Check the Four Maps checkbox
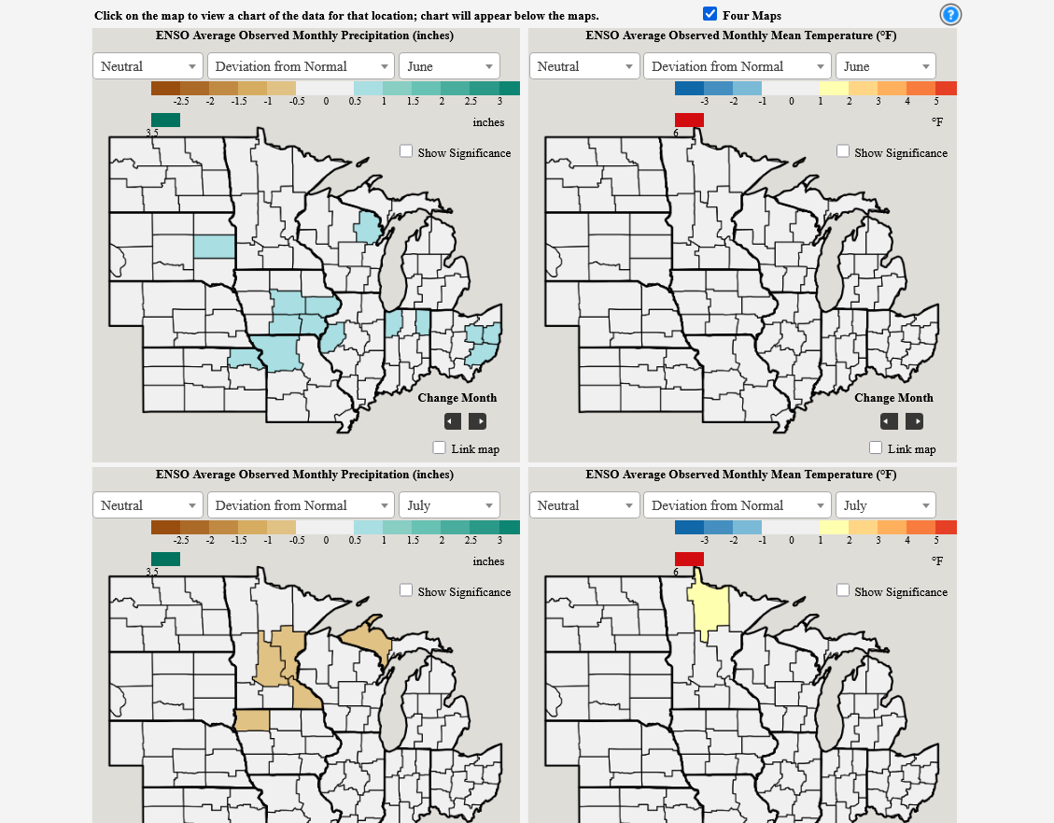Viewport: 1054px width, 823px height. coord(710,14)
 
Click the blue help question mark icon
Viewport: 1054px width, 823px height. coord(950,14)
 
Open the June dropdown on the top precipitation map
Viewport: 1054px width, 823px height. coord(449,66)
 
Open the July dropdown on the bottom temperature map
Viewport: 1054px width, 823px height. coord(885,505)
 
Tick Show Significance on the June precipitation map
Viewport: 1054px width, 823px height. coord(406,151)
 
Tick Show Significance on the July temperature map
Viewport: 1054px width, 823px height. coord(843,590)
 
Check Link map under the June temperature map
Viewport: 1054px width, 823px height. coord(876,447)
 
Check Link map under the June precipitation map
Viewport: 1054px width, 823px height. coord(440,447)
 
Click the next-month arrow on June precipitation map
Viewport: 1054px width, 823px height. coord(477,421)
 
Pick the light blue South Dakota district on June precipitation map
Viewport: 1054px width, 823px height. coord(214,246)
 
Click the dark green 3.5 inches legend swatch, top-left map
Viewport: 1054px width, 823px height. coord(165,120)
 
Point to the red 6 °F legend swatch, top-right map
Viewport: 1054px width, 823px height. coord(689,120)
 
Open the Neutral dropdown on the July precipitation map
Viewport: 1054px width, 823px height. coord(148,505)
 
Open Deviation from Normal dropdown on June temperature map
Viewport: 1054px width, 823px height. coord(737,66)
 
